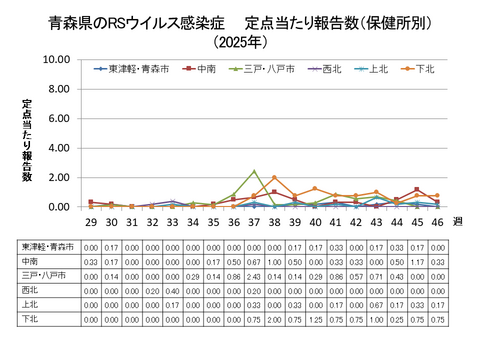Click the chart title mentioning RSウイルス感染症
pyautogui.click(x=239, y=21)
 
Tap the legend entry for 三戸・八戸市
pyautogui.click(x=261, y=69)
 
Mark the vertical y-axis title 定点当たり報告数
pyautogui.click(x=28, y=140)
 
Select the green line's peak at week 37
pyautogui.click(x=254, y=171)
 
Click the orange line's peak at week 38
pyautogui.click(x=274, y=178)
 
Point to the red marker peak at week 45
pyautogui.click(x=417, y=190)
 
